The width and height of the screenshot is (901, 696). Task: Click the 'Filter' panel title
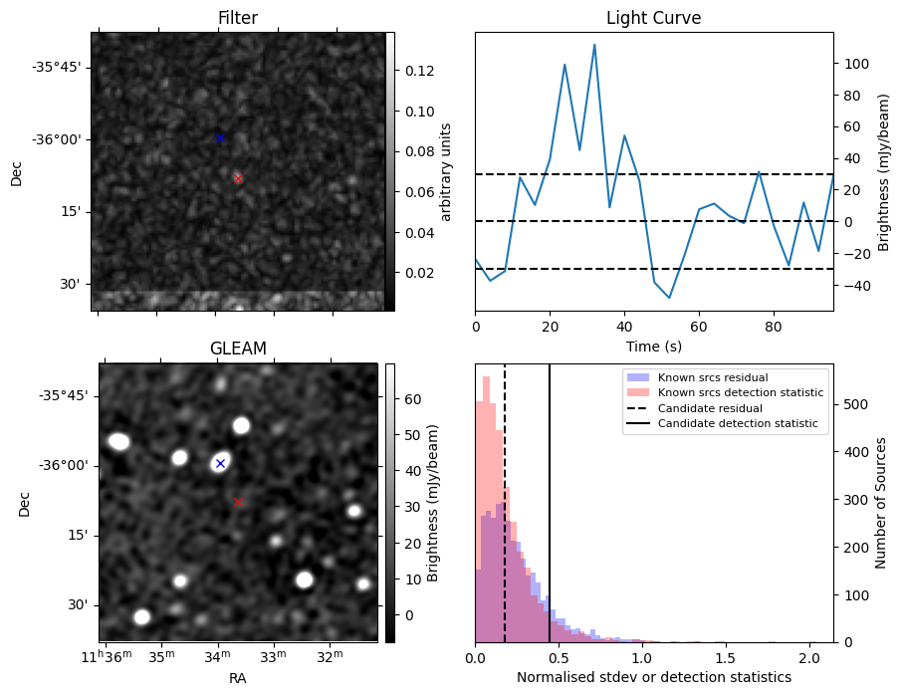[238, 18]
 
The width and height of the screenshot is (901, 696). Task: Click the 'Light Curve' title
[653, 18]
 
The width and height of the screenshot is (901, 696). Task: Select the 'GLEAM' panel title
[238, 348]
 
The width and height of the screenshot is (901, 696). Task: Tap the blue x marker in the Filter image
[220, 137]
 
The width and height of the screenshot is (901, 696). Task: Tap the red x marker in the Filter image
[238, 178]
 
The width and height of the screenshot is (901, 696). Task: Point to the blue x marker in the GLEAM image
[220, 463]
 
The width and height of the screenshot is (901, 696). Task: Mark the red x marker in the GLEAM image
[238, 502]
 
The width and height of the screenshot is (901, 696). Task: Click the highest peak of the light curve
[594, 45]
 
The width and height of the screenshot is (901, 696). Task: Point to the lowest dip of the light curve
[669, 298]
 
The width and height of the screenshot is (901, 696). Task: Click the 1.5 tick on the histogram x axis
[725, 658]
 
